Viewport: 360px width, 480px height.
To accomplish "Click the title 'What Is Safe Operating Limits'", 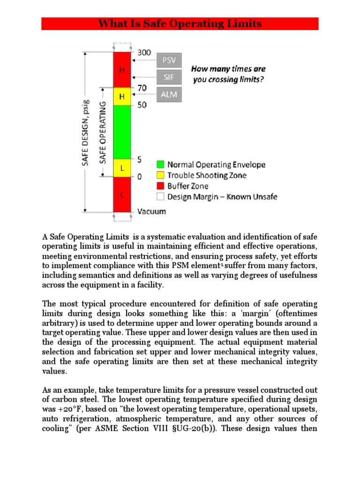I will pos(180,24).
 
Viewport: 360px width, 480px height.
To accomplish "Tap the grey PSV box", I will pos(169,60).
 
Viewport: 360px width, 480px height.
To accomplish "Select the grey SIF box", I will pos(169,77).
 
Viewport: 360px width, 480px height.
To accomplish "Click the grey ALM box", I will pos(169,94).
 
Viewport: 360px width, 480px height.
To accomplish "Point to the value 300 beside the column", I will pos(144,52).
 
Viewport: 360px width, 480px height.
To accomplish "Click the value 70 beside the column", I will pos(142,87).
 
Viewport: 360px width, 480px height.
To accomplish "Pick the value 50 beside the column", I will pos(142,105).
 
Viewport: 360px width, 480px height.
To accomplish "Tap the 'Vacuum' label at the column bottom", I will pos(151,211).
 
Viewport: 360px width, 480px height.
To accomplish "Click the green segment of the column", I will pos(122,132).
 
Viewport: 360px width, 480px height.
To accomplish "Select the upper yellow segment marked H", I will pos(122,96).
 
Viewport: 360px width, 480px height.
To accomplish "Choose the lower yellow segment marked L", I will pos(122,167).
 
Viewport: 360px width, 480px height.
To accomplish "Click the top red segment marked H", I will pos(122,69).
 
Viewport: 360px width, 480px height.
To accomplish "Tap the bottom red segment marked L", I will pos(122,194).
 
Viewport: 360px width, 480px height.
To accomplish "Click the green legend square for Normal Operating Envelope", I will pos(159,165).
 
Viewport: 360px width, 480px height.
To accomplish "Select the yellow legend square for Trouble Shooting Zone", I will pos(159,175).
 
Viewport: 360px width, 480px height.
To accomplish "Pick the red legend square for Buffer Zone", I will pos(159,186).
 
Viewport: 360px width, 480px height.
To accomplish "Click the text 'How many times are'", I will pos(228,69).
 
